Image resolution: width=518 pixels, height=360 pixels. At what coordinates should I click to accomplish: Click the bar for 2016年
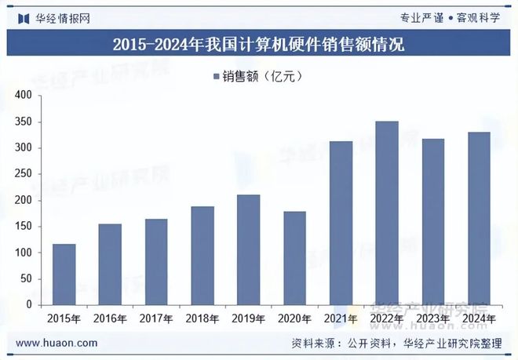pos(110,264)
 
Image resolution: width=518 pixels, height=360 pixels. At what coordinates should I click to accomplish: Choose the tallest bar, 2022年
pos(387,213)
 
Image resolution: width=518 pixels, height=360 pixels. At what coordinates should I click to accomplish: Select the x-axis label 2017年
pos(156,319)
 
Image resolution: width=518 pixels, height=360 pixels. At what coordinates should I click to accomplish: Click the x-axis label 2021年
pos(341,319)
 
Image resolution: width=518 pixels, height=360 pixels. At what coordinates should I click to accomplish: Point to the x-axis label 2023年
pos(432,319)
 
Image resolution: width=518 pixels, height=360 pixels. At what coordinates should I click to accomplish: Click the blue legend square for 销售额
pos(215,77)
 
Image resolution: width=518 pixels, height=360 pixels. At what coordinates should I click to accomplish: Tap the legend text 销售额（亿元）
pos(262,77)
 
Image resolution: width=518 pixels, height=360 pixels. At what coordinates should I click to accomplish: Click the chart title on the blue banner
pos(258,44)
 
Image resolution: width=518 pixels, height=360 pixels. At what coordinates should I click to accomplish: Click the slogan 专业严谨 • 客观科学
pos(454,16)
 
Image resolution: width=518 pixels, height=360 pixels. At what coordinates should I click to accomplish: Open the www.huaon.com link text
pos(57,343)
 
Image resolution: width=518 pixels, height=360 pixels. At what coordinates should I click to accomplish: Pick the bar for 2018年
pos(202,255)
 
